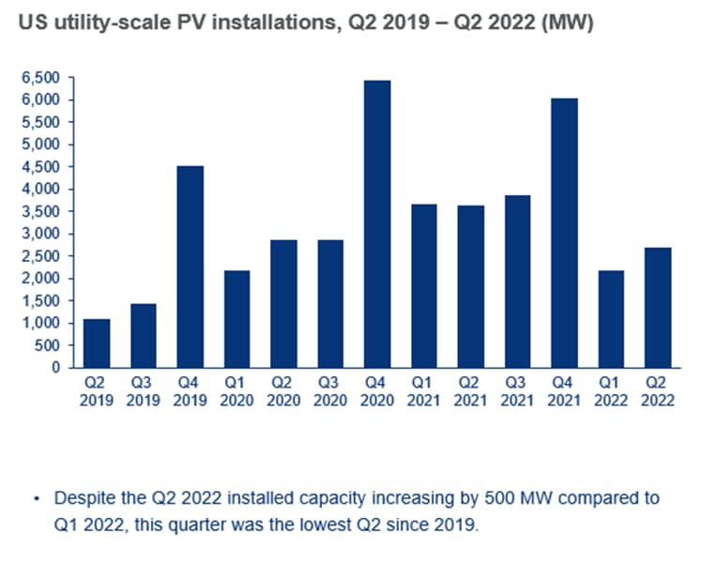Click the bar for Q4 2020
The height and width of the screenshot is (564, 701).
point(376,224)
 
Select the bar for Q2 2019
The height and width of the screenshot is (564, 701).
point(97,343)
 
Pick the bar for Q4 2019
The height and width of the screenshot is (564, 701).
point(190,267)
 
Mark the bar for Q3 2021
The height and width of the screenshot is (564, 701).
point(516,282)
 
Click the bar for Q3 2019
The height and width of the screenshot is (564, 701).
point(144,336)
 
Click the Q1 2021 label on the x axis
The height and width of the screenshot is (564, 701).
point(423,391)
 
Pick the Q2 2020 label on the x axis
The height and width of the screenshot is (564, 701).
point(283,391)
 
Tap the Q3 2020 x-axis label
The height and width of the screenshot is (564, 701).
point(330,391)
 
